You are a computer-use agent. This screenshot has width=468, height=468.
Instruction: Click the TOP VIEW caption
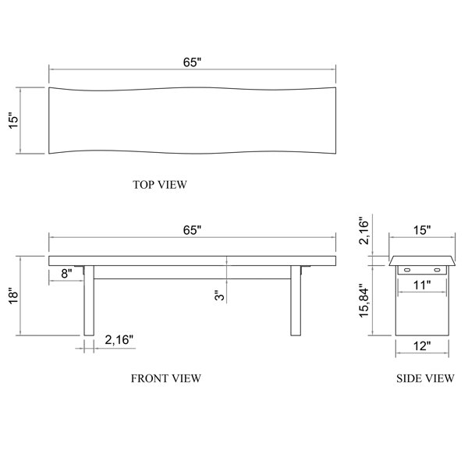coord(160,185)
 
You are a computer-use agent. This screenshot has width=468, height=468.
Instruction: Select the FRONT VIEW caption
coord(166,378)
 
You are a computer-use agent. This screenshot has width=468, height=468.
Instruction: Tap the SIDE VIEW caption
coord(425,378)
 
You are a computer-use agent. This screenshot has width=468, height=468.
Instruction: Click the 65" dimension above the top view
coord(192,62)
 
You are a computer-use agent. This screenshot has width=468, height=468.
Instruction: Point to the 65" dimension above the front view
coord(192,230)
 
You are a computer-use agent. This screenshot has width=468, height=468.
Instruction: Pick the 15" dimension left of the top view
coord(13,121)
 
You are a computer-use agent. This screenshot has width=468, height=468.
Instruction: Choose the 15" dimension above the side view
coord(422,230)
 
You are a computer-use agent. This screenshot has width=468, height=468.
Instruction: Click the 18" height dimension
coord(13,296)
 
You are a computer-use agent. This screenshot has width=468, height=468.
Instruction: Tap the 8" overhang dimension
coord(66,274)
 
